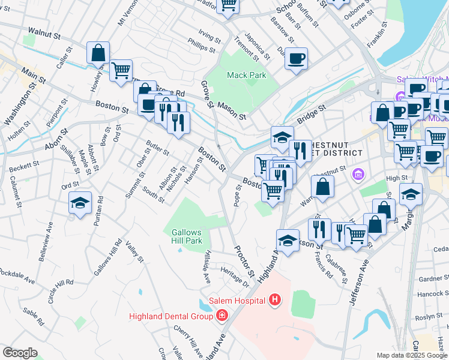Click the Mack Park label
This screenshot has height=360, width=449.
point(246,76)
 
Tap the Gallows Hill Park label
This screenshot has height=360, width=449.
point(187,237)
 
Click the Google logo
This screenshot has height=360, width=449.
point(20,353)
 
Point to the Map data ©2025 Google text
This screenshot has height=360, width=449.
point(411,355)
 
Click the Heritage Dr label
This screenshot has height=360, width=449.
point(235,275)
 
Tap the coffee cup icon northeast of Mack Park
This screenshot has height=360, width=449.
point(296,59)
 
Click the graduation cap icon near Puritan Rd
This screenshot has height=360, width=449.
point(80,203)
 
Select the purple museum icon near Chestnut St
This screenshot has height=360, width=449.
point(358,175)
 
